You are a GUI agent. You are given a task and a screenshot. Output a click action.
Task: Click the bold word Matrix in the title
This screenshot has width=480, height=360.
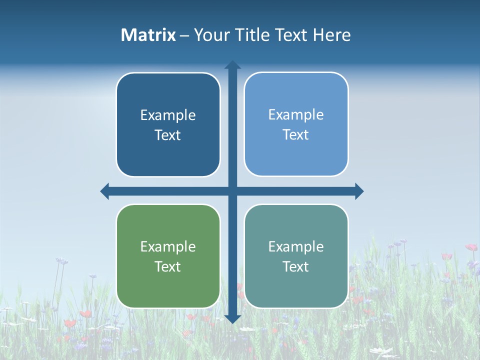click(148, 35)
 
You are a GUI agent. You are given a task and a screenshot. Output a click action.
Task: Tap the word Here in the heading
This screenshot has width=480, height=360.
click(331, 35)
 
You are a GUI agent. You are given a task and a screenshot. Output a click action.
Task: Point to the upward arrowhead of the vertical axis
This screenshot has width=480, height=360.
click(232, 64)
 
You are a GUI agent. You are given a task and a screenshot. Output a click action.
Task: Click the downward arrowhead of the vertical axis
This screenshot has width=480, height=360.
click(232, 319)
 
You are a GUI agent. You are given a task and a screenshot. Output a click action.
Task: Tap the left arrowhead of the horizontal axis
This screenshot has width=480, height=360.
click(105, 191)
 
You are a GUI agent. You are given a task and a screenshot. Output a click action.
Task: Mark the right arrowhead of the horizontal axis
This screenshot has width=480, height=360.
click(359, 191)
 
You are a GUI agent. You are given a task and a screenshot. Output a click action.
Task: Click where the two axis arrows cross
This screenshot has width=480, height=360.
click(232, 191)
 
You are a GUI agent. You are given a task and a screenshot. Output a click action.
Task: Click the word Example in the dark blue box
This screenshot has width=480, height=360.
click(168, 115)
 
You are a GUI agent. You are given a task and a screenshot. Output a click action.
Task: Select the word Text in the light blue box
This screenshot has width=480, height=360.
click(296, 134)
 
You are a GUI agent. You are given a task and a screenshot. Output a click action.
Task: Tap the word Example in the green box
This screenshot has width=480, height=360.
click(168, 247)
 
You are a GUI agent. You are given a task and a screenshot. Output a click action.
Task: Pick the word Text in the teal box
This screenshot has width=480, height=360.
click(296, 266)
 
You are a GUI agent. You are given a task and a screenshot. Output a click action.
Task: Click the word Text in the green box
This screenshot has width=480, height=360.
click(168, 266)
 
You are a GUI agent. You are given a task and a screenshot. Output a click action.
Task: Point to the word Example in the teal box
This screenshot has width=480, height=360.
click(296, 247)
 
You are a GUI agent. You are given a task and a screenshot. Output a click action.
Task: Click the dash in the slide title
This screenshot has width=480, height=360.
click(184, 35)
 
